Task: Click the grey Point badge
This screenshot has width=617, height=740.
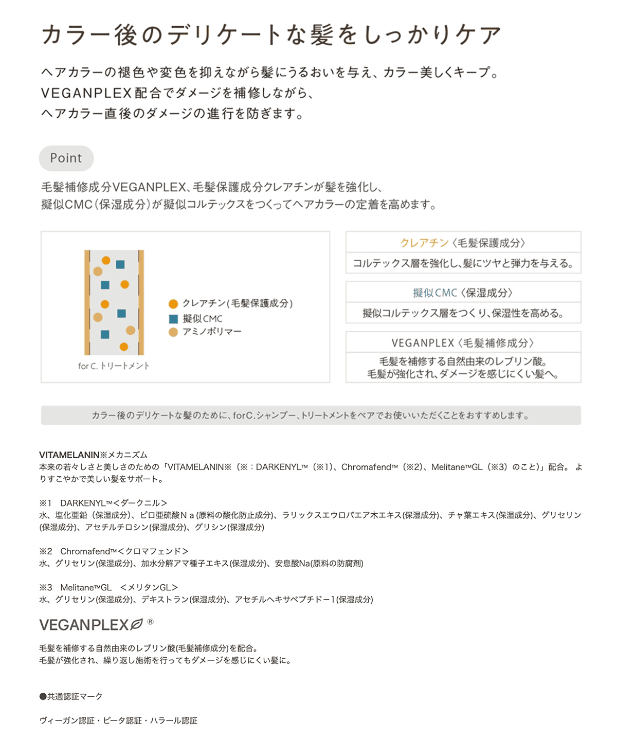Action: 66,158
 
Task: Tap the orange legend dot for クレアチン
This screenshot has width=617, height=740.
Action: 173,304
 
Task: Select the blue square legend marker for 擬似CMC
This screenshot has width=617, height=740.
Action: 173,319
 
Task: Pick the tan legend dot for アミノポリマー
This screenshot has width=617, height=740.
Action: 173,332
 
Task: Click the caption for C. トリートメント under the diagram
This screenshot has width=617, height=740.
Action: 114,366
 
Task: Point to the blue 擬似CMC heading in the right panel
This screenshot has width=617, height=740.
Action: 434,293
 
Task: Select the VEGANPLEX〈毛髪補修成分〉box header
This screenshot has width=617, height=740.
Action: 463,343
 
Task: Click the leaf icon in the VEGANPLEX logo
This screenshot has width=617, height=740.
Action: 137,625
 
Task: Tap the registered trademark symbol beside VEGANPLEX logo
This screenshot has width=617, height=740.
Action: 150,622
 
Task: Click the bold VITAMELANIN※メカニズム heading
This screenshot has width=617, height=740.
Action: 93,455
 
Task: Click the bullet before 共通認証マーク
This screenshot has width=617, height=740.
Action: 43,697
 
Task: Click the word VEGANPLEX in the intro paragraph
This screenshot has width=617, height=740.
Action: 86,93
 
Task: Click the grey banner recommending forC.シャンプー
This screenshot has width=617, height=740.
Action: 311,416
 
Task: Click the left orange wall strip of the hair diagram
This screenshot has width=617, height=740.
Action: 87,302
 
